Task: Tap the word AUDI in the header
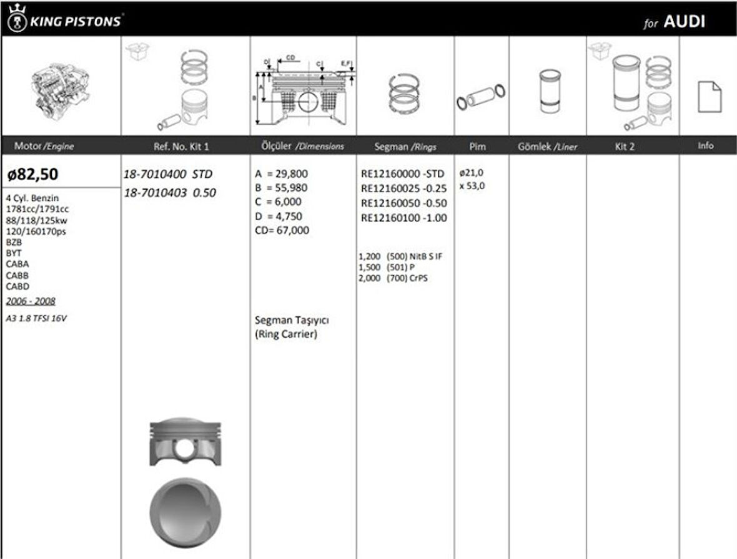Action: [685, 22]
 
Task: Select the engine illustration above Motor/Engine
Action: [61, 87]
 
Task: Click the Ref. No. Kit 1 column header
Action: [181, 147]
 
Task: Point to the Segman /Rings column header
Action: [405, 147]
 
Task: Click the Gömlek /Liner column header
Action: [547, 147]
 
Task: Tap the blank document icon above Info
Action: [709, 97]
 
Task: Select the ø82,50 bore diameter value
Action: [32, 173]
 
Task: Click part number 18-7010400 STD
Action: [169, 174]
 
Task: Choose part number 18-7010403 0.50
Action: [170, 193]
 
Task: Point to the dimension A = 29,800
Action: [282, 174]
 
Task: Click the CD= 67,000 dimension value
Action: [282, 230]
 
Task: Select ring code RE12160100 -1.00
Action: [404, 218]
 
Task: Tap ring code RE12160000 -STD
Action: [403, 174]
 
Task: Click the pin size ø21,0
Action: [472, 173]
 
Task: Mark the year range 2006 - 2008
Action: [31, 301]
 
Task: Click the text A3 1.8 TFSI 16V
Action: [36, 318]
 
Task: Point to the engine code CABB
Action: [17, 275]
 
